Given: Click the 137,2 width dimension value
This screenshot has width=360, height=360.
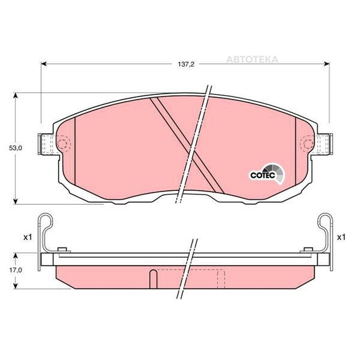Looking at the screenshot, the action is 186,64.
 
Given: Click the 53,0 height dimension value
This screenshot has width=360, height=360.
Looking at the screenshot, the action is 15,148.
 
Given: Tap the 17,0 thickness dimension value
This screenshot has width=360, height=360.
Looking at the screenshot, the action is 15,270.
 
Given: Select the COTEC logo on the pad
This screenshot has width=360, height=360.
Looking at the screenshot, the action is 267,174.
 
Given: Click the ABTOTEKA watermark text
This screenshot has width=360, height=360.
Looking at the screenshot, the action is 252,60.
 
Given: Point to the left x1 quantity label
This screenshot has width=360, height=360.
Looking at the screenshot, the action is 28,237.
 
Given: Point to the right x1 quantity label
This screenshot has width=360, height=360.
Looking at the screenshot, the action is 341,237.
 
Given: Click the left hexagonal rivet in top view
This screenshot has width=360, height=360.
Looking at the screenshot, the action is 62,144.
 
